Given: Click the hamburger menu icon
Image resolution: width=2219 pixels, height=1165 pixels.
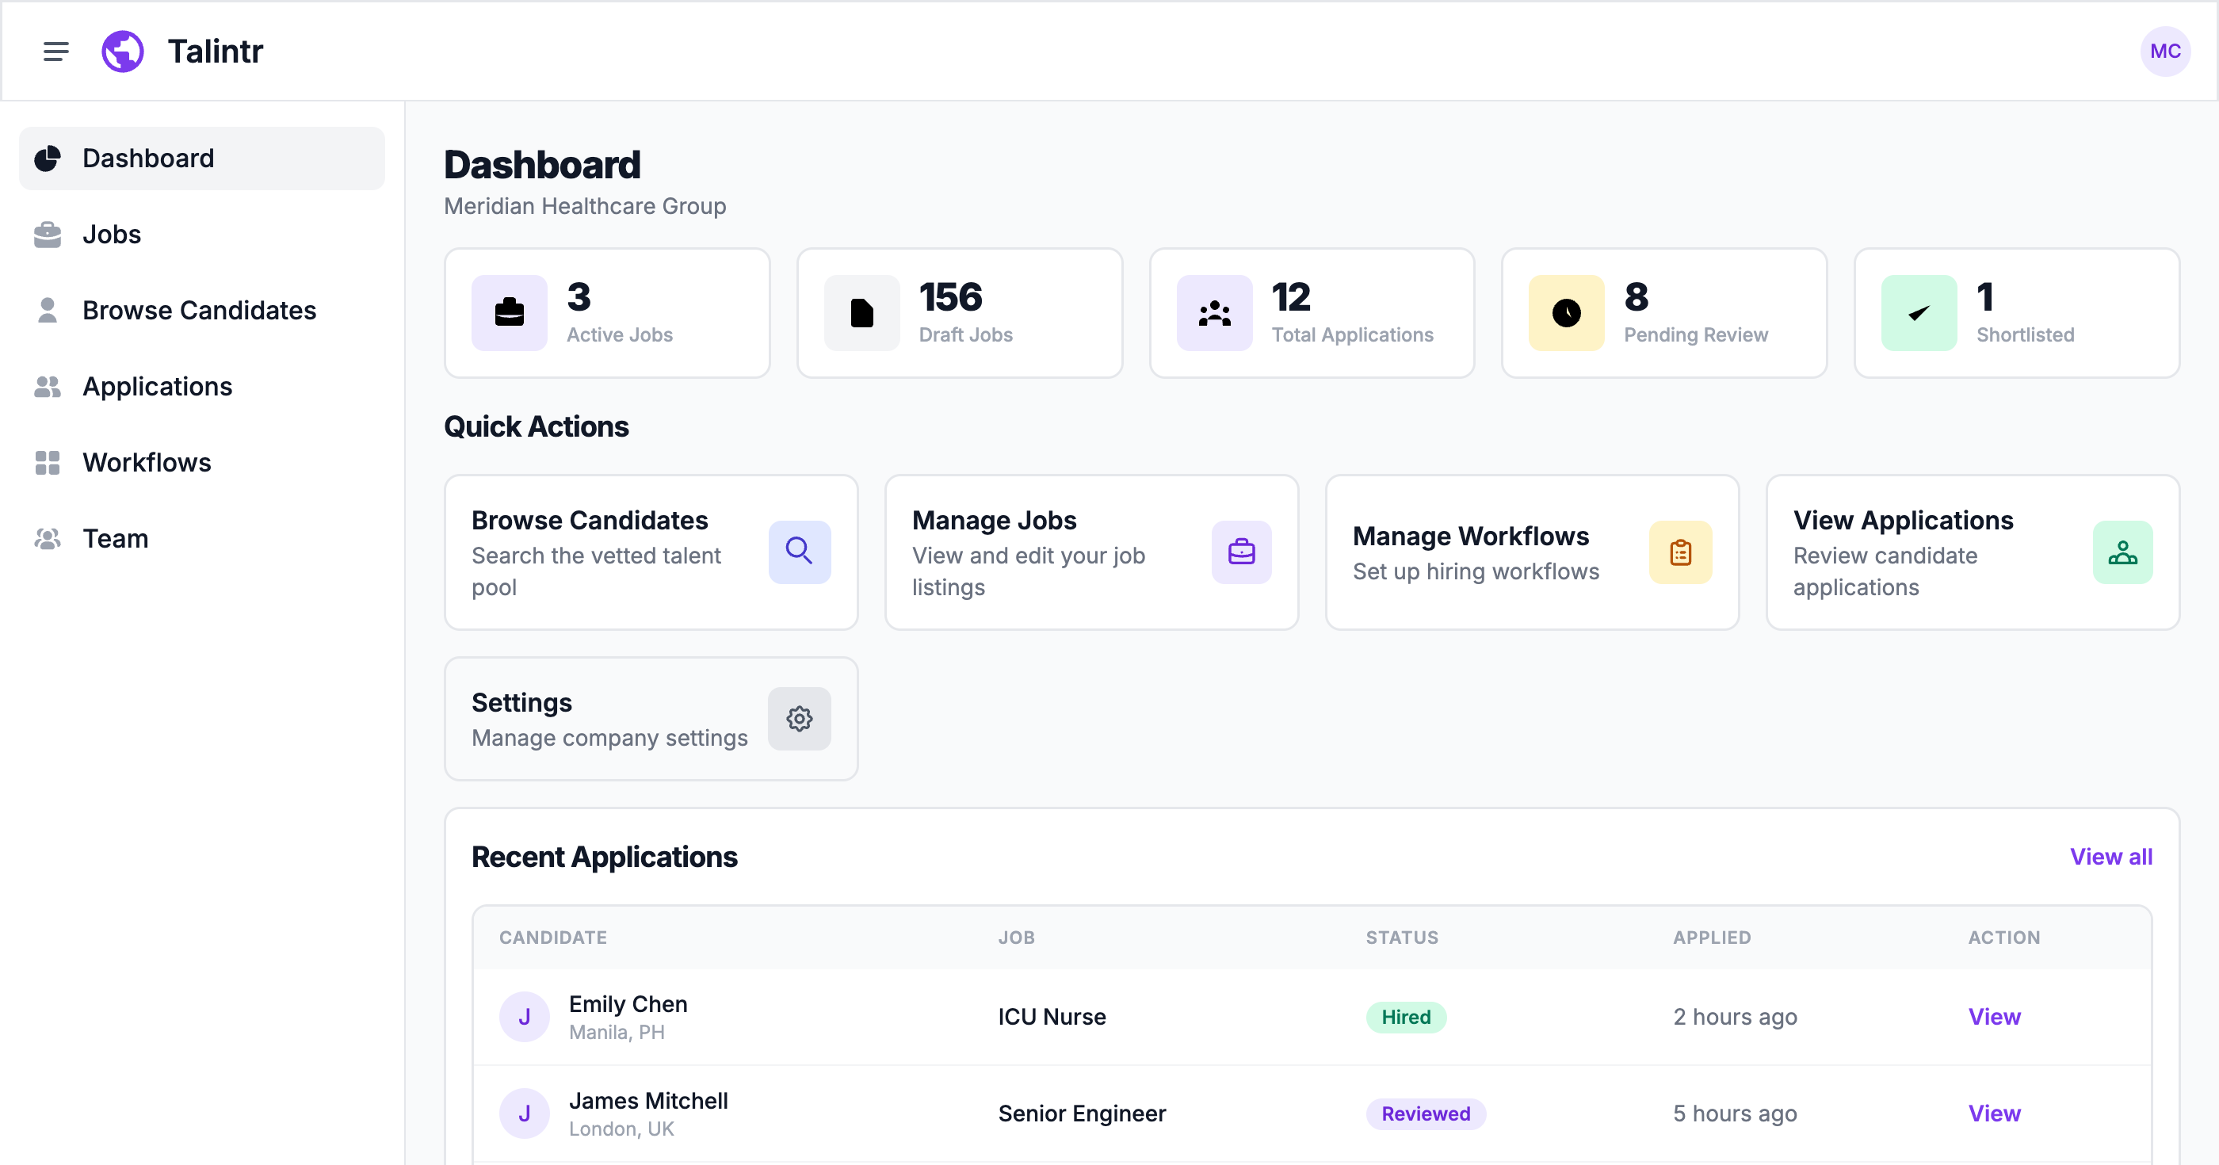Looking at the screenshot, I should [x=56, y=52].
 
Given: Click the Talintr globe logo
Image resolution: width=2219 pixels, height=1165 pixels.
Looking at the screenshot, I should [x=123, y=52].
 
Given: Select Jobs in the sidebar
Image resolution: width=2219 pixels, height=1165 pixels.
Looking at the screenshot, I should [x=112, y=235].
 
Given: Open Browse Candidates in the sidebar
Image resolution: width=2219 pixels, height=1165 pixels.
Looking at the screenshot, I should [x=199, y=310].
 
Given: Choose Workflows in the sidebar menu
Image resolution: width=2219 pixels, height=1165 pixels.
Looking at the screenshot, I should [x=147, y=463].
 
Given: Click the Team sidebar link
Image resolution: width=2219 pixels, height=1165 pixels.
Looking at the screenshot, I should [x=116, y=539].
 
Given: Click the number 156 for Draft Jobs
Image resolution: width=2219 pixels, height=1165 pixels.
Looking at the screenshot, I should [x=950, y=297].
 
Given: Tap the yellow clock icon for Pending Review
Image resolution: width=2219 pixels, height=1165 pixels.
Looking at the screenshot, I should [x=1566, y=313].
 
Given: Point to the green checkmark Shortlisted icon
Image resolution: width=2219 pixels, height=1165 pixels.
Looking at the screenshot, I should [x=1919, y=313].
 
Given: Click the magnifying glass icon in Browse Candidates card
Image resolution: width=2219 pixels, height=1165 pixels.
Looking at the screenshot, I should [x=800, y=552].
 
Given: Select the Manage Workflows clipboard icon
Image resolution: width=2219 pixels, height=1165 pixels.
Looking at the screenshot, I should [x=1680, y=552].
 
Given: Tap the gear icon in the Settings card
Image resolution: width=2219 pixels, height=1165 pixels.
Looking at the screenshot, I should [x=800, y=719].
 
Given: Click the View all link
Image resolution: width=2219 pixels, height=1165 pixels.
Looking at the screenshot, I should [x=2110, y=857].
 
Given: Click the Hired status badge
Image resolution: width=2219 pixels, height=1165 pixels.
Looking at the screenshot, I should [x=1406, y=1017].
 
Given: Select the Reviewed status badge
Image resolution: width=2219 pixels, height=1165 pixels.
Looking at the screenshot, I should [x=1426, y=1113].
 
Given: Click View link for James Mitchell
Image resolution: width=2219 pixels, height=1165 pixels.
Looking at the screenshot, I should [x=1993, y=1113].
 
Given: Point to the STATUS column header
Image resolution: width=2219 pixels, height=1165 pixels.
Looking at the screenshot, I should [x=1401, y=938].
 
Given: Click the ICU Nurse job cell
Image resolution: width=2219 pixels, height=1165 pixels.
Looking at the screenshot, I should [x=1051, y=1017].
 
